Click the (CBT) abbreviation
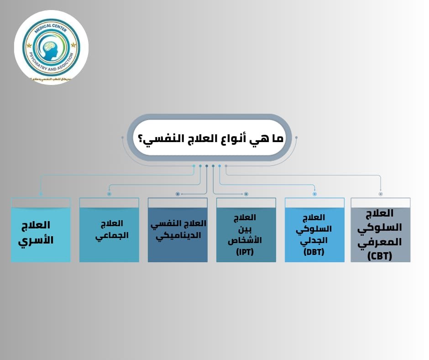[380, 256]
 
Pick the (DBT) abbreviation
[314, 252]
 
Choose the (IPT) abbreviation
[245, 252]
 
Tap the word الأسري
[36, 239]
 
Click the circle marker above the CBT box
[381, 194]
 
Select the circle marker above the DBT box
[314, 194]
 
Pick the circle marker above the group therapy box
[109, 194]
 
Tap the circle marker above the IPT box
[246, 194]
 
